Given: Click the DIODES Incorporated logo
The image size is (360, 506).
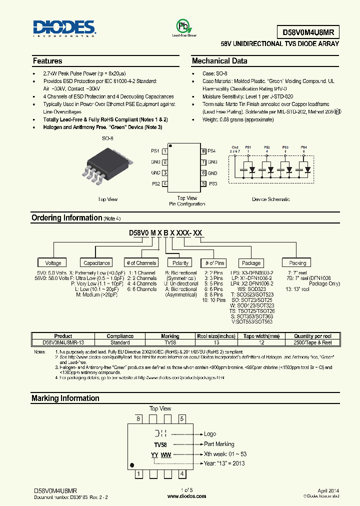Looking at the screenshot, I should click(x=64, y=29).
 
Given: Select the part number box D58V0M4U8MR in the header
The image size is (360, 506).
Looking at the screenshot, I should click(x=308, y=32).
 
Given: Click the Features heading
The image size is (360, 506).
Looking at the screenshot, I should click(x=47, y=61).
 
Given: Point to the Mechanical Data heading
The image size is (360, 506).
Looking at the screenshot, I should click(x=219, y=61).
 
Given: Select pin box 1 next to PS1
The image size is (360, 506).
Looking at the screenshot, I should click(x=165, y=151).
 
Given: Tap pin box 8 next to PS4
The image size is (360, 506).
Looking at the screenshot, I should click(x=203, y=151).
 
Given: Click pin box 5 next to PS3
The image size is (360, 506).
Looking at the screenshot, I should click(x=203, y=184).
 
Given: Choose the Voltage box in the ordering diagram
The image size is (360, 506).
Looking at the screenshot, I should click(x=53, y=263).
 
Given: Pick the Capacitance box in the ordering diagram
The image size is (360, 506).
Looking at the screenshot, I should click(x=97, y=263).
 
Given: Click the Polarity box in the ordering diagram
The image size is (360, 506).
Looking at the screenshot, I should click(x=180, y=263).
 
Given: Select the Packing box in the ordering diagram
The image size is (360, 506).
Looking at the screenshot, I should click(x=297, y=263).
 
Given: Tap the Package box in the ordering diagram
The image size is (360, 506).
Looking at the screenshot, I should click(x=251, y=263).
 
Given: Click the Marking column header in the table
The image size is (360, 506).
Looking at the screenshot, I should click(x=170, y=336).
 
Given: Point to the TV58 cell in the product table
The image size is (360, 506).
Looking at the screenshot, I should click(x=170, y=342).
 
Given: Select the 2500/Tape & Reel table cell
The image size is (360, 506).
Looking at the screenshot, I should click(x=313, y=342).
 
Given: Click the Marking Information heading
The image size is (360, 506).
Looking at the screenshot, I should click(x=65, y=398).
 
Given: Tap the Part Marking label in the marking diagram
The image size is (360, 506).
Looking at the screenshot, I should click(x=219, y=444).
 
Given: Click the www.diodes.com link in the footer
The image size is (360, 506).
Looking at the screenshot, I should click(x=186, y=496).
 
